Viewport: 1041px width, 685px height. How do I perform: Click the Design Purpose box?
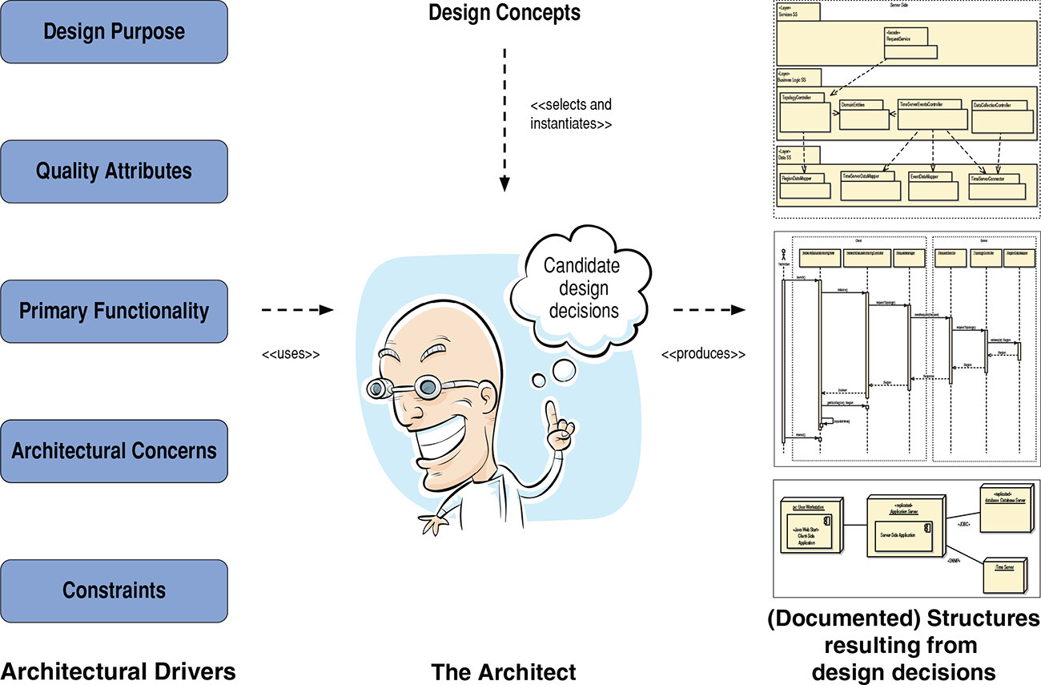(x=114, y=32)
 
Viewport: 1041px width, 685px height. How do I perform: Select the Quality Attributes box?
(x=114, y=171)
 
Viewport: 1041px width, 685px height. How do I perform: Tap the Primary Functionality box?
(x=114, y=311)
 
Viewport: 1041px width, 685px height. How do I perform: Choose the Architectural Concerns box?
(x=114, y=451)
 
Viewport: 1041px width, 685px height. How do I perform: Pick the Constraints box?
(x=114, y=590)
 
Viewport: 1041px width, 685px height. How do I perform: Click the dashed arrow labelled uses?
(x=296, y=309)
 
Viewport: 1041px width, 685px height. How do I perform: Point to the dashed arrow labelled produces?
(x=705, y=309)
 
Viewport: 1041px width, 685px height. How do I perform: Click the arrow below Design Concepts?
(x=504, y=120)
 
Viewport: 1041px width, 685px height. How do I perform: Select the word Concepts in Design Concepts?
(x=539, y=13)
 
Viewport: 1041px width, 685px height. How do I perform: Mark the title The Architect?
(x=504, y=671)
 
